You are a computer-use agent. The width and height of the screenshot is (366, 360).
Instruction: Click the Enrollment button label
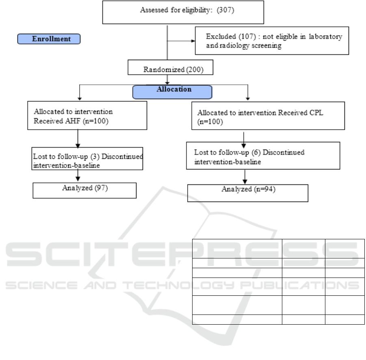(49, 39)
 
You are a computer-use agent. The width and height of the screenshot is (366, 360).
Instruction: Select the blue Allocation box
(172, 92)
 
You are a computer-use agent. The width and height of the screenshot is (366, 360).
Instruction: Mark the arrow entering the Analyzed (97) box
(77, 178)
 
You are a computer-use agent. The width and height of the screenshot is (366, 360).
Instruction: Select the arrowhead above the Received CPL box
(248, 98)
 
